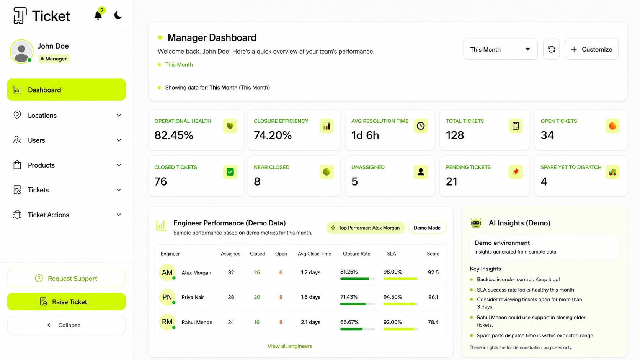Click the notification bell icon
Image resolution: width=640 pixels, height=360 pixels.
(98, 15)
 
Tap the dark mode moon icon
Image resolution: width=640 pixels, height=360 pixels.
(118, 15)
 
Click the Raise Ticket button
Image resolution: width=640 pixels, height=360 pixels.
(66, 301)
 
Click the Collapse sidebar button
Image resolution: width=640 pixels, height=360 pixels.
(66, 325)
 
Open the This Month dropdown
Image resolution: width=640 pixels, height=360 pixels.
(500, 49)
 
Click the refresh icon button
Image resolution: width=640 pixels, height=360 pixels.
(551, 49)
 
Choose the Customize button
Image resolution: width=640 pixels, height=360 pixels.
(591, 49)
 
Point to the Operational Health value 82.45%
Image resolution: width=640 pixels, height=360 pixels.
(174, 135)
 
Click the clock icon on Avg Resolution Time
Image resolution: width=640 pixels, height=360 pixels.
(421, 126)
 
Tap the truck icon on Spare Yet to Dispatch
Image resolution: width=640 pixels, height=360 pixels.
(612, 172)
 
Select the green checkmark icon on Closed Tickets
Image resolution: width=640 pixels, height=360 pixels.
(230, 172)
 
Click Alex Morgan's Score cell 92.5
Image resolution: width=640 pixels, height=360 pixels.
(433, 272)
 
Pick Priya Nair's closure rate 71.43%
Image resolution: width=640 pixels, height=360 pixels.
(349, 297)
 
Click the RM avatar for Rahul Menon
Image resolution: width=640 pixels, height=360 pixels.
(167, 322)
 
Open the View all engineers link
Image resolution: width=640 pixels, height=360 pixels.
(290, 346)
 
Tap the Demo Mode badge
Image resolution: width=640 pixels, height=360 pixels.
(427, 228)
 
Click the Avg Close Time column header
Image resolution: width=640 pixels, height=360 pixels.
(314, 254)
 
